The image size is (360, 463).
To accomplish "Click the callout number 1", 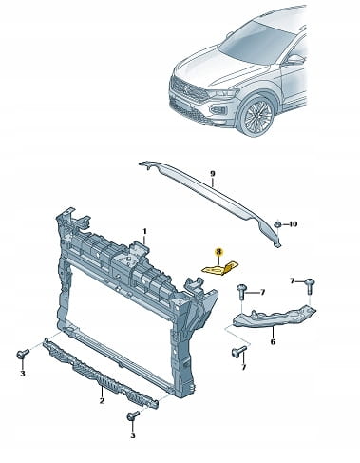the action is tap(144, 232).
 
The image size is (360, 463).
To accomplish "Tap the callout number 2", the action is tap(102, 401).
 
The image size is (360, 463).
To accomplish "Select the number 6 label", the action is tap(274, 341).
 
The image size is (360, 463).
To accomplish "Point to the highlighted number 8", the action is tap(218, 252).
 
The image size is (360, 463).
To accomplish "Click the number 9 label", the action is tap(213, 173).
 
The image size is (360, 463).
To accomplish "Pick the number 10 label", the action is tap(293, 224).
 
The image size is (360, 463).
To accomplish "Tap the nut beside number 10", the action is tap(277, 224).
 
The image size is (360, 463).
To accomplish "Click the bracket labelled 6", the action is tap(274, 318).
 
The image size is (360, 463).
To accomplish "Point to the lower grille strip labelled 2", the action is tap(101, 375).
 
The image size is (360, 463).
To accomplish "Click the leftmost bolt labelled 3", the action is tap(23, 354).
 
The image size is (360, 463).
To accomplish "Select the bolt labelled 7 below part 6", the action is tap(238, 351).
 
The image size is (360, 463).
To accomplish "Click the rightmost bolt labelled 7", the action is tap(310, 285).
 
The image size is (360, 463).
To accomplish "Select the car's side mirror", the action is tap(296, 60).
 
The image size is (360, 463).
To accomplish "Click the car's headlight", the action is tap(223, 94).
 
